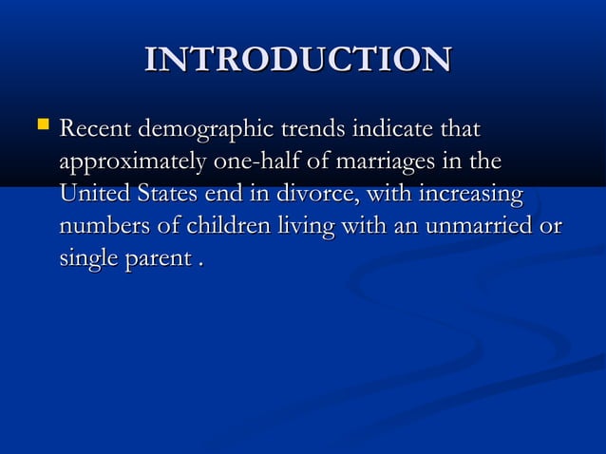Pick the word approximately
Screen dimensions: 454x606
(x=133, y=162)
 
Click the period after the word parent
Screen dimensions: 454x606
(x=199, y=266)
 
